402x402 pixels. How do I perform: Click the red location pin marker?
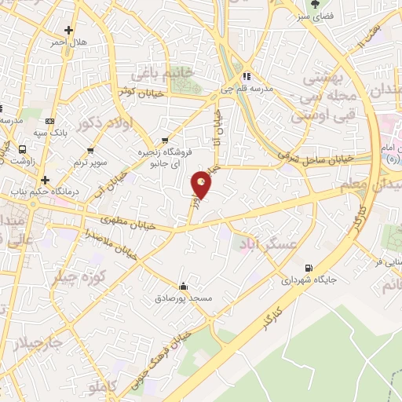coord(202,183)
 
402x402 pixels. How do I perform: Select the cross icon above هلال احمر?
coord(69,31)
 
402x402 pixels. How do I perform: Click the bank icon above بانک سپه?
coord(51,121)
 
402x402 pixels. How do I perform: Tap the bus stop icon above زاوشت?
coord(22,148)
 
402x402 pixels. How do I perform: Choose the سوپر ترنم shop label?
coord(91,161)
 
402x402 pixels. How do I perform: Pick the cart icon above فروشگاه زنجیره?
coord(163,142)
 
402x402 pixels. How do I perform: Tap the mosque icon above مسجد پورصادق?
coord(184,286)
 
